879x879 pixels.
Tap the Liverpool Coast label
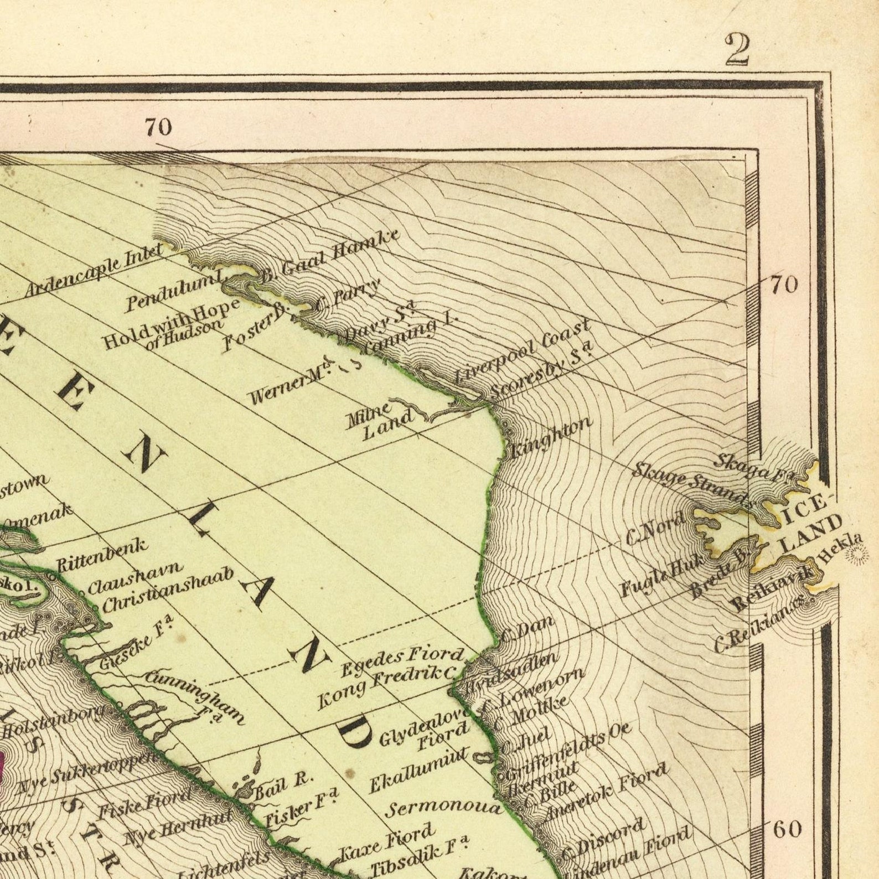522,352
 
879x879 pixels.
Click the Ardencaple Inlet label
94,271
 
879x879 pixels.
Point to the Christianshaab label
168,590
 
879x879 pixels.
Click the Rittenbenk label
103,554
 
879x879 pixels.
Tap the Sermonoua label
443,809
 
